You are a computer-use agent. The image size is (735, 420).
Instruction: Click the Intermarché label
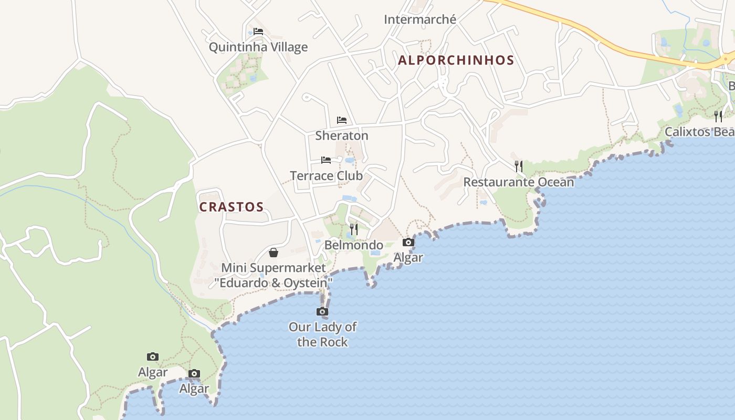[x=420, y=19]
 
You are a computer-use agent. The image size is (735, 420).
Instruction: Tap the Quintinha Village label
[x=258, y=47]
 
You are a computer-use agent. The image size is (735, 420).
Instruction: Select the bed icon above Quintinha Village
[x=258, y=31]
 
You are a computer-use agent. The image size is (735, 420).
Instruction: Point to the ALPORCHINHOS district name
[x=456, y=60]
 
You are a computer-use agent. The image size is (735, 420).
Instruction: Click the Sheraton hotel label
[x=342, y=135]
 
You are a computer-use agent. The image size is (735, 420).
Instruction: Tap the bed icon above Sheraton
[x=342, y=120]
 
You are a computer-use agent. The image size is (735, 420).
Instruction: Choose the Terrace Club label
[x=326, y=175]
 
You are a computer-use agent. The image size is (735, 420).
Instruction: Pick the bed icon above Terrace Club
[x=326, y=160]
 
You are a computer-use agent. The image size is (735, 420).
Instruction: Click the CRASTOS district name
[x=231, y=207]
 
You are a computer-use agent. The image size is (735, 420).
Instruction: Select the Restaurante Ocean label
[x=519, y=182]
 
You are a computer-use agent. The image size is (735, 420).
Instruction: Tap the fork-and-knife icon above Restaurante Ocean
[x=519, y=166]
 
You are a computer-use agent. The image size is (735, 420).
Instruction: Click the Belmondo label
[x=354, y=245]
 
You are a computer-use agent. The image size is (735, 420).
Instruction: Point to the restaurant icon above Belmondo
[x=354, y=229]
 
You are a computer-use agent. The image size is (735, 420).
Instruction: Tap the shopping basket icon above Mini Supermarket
[x=274, y=253]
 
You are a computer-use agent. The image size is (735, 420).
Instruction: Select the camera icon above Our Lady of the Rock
[x=322, y=312]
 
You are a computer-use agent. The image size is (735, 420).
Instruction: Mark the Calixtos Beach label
[x=699, y=132]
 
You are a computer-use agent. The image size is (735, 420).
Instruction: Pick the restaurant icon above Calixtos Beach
[x=718, y=116]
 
